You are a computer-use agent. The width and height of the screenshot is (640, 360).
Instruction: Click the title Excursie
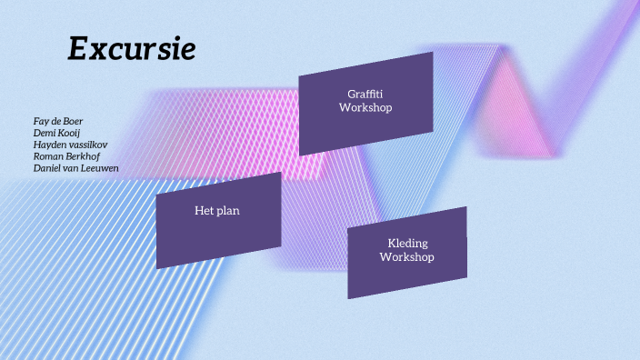pos(132,49)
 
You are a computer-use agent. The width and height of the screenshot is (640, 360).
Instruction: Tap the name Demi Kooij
pos(57,133)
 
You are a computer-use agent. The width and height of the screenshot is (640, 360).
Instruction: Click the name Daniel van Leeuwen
pos(76,168)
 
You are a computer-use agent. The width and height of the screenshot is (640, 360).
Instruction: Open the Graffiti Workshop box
pos(365,103)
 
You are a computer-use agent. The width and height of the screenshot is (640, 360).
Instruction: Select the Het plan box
pos(218,220)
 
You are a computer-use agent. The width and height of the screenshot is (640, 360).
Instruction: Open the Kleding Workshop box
pos(407,252)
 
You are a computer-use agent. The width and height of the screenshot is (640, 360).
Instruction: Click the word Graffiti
pos(365,94)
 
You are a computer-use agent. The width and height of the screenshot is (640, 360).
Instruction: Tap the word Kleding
pos(407,243)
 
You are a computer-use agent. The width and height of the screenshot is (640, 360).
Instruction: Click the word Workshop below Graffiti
pos(365,108)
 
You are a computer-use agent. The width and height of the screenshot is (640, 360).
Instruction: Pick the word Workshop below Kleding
pos(407,257)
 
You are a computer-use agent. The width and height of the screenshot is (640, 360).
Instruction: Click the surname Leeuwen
pos(99,168)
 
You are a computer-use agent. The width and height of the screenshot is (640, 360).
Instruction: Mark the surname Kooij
pos(69,133)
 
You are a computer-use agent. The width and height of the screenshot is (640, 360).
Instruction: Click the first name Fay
pos(42,121)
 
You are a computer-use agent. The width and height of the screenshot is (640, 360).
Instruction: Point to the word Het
pos(204,211)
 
